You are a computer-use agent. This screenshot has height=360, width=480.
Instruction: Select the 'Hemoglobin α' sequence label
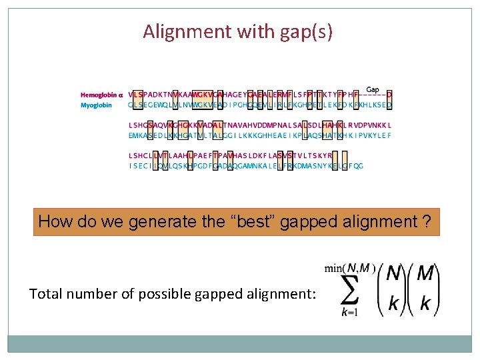[102, 95]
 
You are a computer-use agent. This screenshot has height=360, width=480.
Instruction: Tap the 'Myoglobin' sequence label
[97, 105]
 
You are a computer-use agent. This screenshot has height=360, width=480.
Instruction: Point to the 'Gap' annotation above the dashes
[373, 89]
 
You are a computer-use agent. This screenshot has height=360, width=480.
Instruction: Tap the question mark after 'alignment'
[426, 221]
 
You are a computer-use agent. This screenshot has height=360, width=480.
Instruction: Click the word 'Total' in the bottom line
[46, 293]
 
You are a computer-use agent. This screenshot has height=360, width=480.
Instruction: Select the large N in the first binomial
[394, 274]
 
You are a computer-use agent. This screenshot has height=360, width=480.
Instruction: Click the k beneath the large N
[394, 303]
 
